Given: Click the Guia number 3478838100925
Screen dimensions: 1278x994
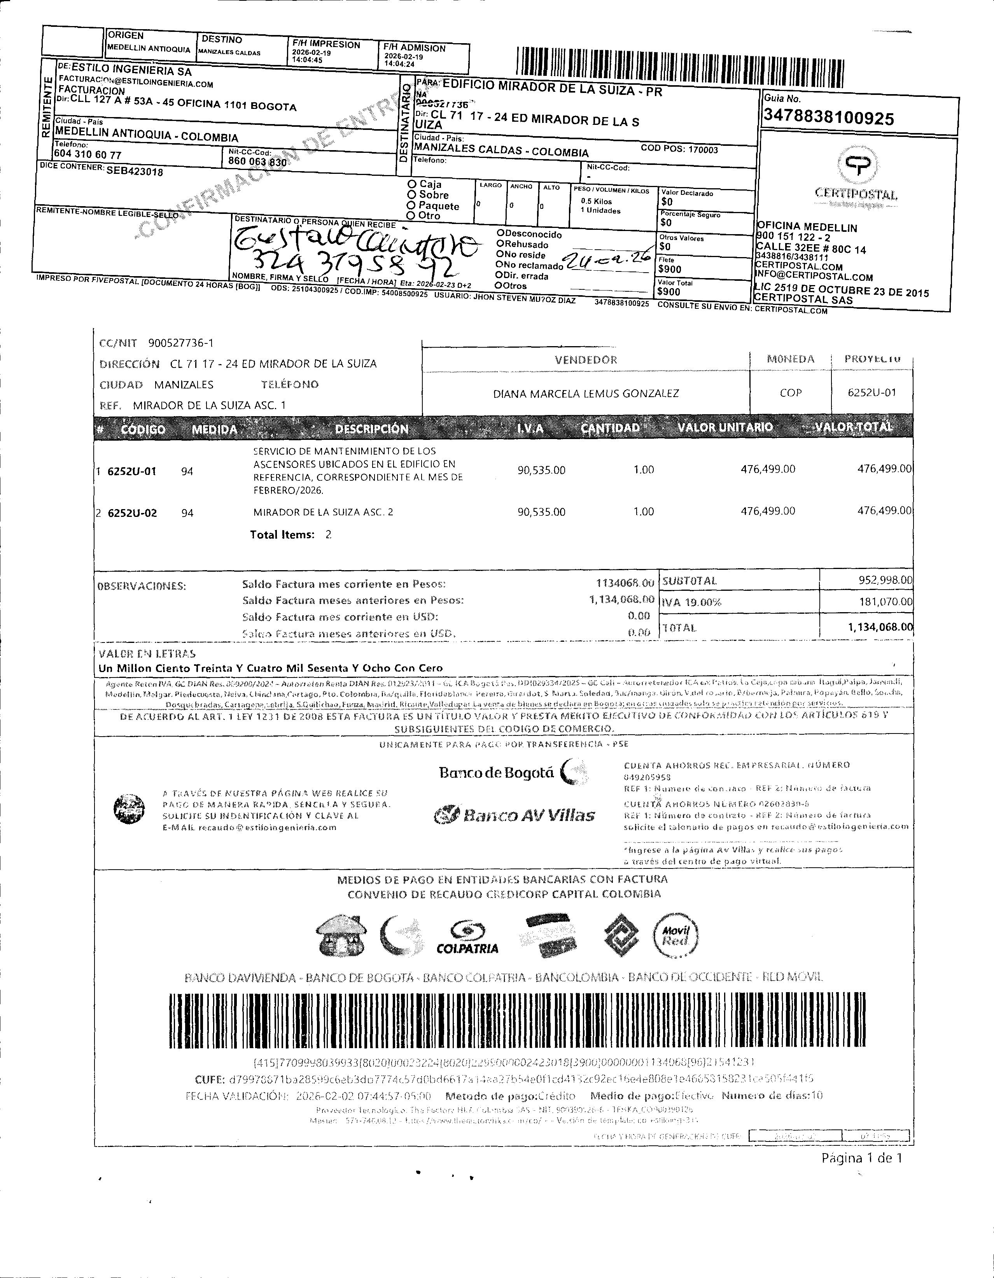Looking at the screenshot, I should pyautogui.click(x=828, y=118).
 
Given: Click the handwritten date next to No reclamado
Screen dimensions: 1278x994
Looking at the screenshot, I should pyautogui.click(x=605, y=257).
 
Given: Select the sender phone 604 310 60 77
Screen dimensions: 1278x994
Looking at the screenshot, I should pyautogui.click(x=88, y=154).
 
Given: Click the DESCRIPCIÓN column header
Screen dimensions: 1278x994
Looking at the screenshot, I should pyautogui.click(x=371, y=429).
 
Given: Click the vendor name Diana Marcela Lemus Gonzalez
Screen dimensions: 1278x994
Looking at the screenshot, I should pyautogui.click(x=586, y=393).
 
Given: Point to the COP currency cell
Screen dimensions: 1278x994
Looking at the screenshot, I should pyautogui.click(x=790, y=393).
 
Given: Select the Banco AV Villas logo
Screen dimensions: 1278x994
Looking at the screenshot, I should pyautogui.click(x=515, y=814).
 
